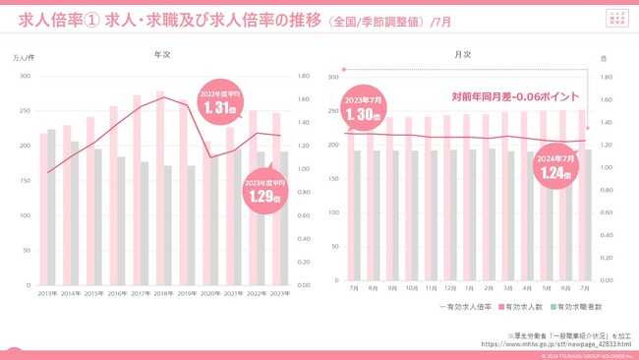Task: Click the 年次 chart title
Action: coord(162,55)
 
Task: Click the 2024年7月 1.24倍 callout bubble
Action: coord(555,167)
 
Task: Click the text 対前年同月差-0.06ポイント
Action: coord(515,96)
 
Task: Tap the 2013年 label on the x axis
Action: coord(47,293)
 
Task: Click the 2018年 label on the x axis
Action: coord(162,293)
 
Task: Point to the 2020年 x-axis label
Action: coord(208,293)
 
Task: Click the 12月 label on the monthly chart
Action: coord(449,288)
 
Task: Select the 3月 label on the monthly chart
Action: coord(506,288)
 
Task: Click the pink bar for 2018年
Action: coord(159,187)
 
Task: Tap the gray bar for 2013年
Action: coord(52,207)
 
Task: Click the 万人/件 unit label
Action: coord(24,59)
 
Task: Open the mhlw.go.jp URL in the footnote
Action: coord(555,344)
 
